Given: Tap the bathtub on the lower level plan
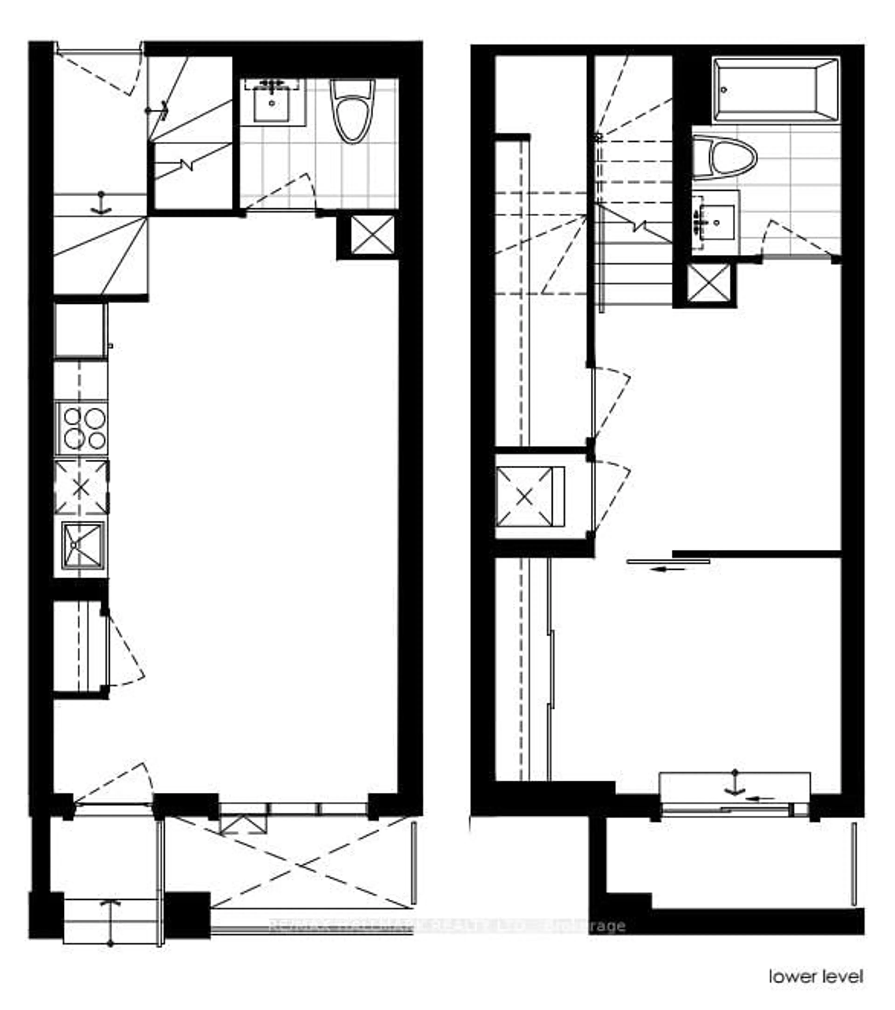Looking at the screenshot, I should [775, 90].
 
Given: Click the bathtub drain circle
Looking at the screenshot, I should [724, 90].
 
